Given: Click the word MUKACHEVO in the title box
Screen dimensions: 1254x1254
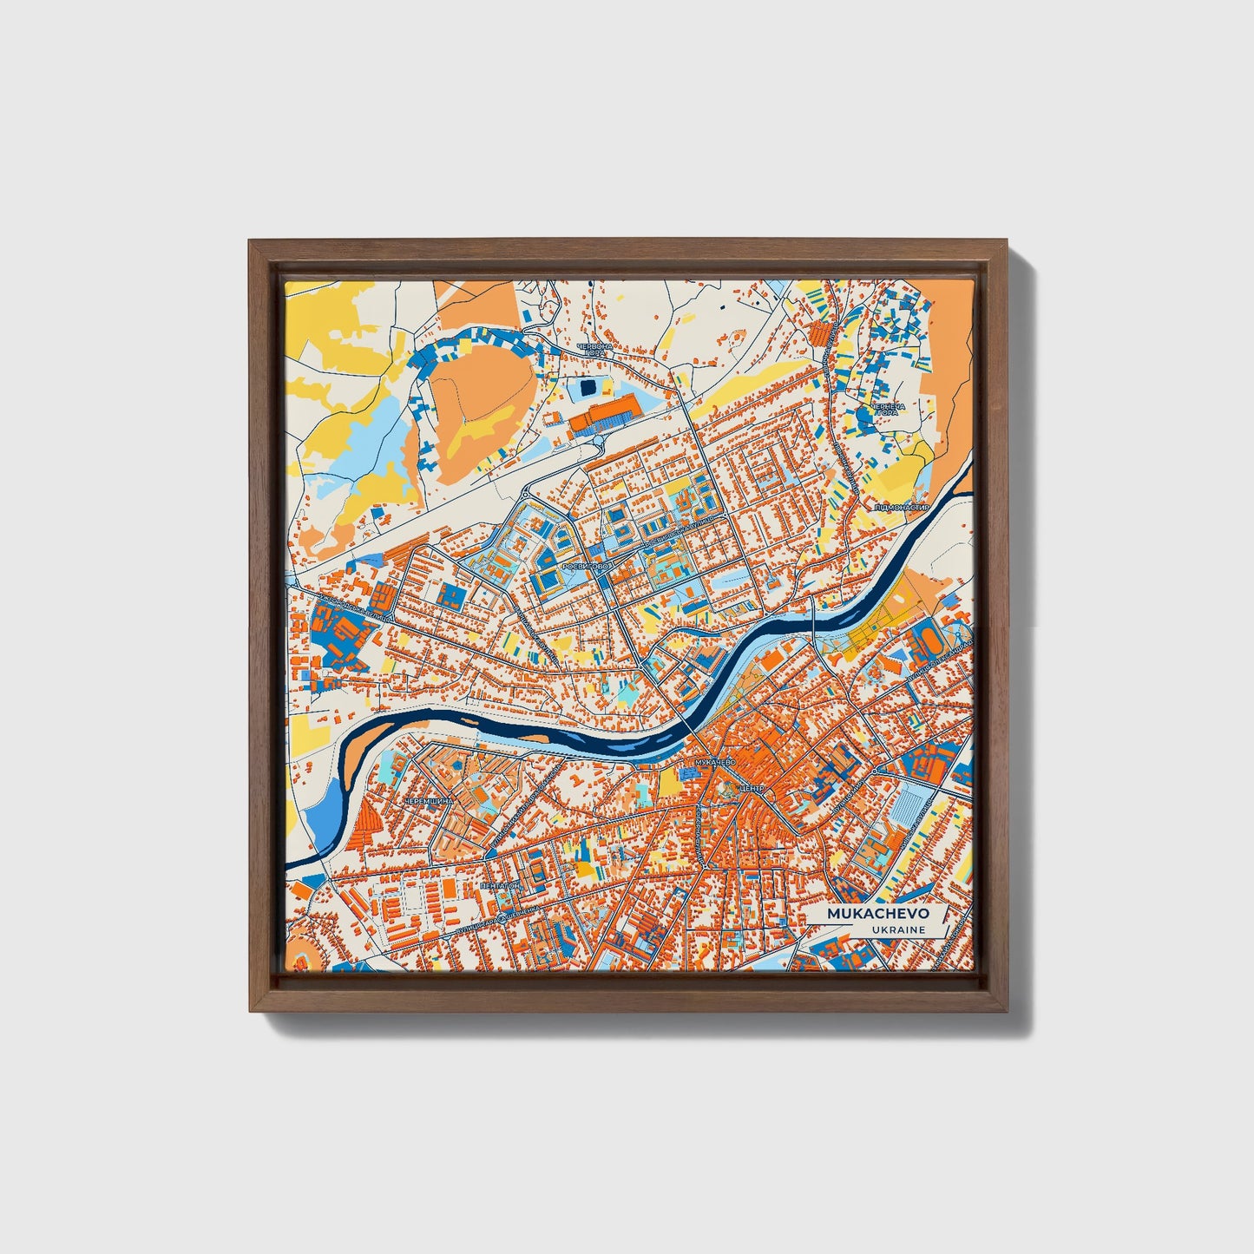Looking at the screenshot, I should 877,914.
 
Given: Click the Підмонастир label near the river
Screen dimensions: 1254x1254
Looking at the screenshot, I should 903,507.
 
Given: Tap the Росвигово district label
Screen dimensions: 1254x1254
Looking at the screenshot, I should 588,566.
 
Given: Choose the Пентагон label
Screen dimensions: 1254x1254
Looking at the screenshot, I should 500,887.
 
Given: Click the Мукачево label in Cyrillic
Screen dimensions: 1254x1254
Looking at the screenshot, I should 713,762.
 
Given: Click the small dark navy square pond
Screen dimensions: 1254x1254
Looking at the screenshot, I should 588,385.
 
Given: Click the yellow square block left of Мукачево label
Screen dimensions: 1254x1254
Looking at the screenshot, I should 671,781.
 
